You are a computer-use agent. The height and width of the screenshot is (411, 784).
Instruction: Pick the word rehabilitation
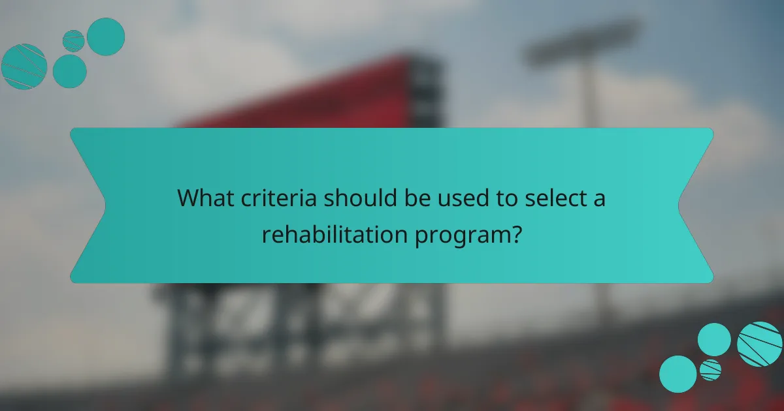(335, 233)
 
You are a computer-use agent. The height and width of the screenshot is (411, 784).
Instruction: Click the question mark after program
(516, 233)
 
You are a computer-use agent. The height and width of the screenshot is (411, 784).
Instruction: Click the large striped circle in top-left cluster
(24, 67)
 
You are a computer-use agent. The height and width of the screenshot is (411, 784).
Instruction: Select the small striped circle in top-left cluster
(73, 40)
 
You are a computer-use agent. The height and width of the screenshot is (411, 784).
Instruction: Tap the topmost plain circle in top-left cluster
(106, 37)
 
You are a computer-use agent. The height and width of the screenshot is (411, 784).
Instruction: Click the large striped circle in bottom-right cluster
(760, 344)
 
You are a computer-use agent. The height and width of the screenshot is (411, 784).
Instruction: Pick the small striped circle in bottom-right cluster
(710, 370)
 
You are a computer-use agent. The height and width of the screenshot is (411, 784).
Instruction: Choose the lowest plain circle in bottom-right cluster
(678, 374)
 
